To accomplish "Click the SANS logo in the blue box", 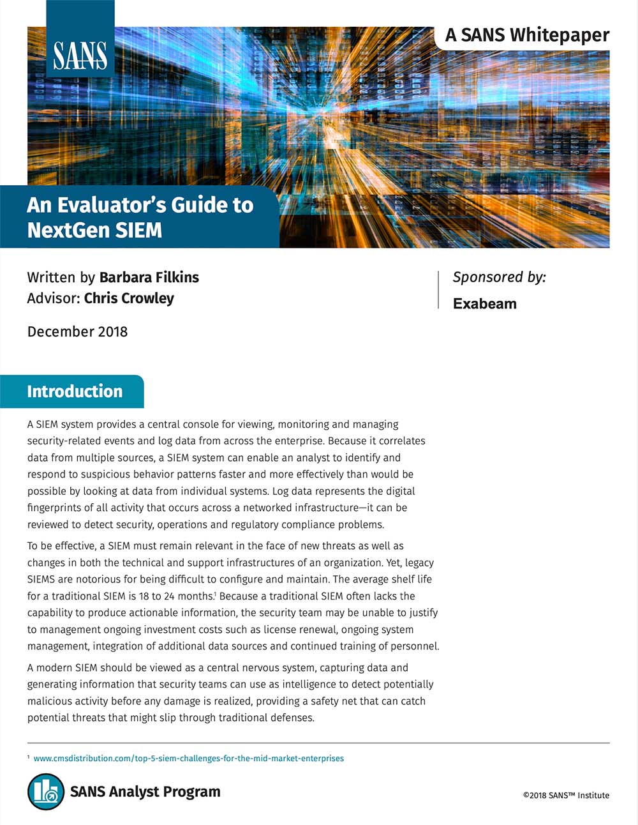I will (80, 56).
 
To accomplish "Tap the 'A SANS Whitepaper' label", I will (527, 35).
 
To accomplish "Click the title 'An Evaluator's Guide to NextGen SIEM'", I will (140, 217).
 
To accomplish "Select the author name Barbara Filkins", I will (149, 277).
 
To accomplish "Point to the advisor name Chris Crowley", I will (129, 298).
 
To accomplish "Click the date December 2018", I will (77, 331).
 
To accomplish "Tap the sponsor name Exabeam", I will (484, 303).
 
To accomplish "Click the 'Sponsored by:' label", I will (499, 277).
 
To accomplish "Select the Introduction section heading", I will (75, 391).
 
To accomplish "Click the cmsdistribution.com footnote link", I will (188, 759).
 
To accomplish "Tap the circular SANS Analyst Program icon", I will (46, 792).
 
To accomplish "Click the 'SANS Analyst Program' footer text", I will (145, 792).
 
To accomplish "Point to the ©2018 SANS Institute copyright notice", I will (566, 795).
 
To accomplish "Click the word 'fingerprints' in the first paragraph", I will (56, 508).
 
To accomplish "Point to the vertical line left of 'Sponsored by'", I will (438, 290).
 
